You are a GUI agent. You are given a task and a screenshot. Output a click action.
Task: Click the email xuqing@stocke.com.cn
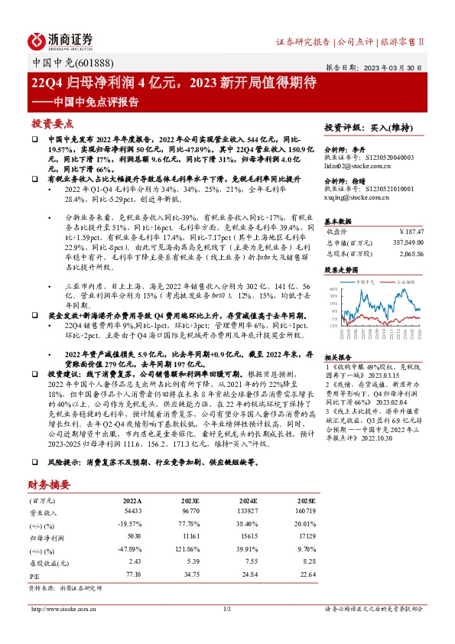pos(358,197)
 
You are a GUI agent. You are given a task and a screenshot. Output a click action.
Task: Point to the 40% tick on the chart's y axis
pos(331,290)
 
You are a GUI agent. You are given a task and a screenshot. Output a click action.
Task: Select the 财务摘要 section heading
pos(50,484)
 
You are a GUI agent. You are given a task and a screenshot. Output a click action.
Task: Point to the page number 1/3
pos(227,609)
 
